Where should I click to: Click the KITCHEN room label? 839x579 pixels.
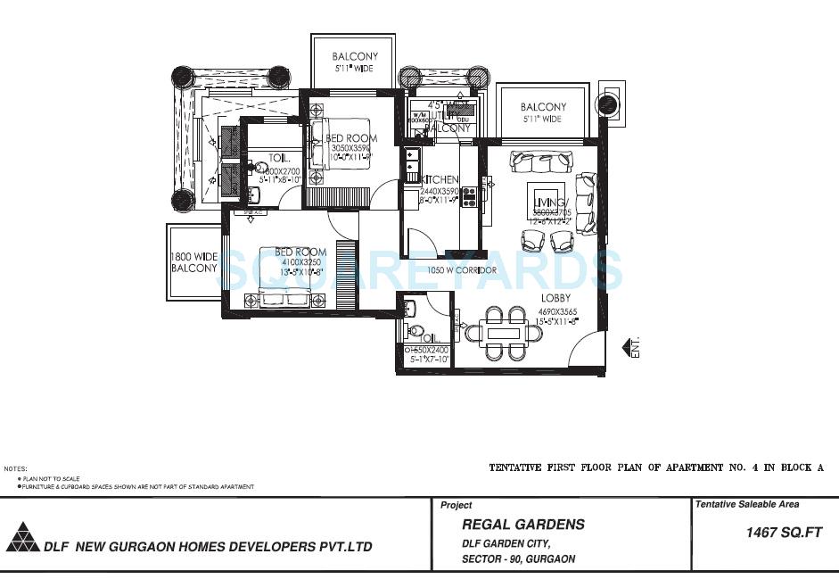440,178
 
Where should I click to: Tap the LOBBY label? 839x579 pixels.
555,298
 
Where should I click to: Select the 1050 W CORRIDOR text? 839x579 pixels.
461,270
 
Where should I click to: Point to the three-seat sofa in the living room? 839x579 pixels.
541,161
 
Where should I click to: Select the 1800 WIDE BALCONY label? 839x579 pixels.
193,262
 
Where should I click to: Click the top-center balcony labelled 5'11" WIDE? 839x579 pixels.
354,62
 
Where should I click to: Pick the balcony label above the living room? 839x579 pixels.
543,112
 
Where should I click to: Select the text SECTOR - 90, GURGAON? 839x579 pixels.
518,559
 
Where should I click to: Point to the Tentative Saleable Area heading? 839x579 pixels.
747,505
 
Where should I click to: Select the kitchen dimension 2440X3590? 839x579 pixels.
439,191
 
